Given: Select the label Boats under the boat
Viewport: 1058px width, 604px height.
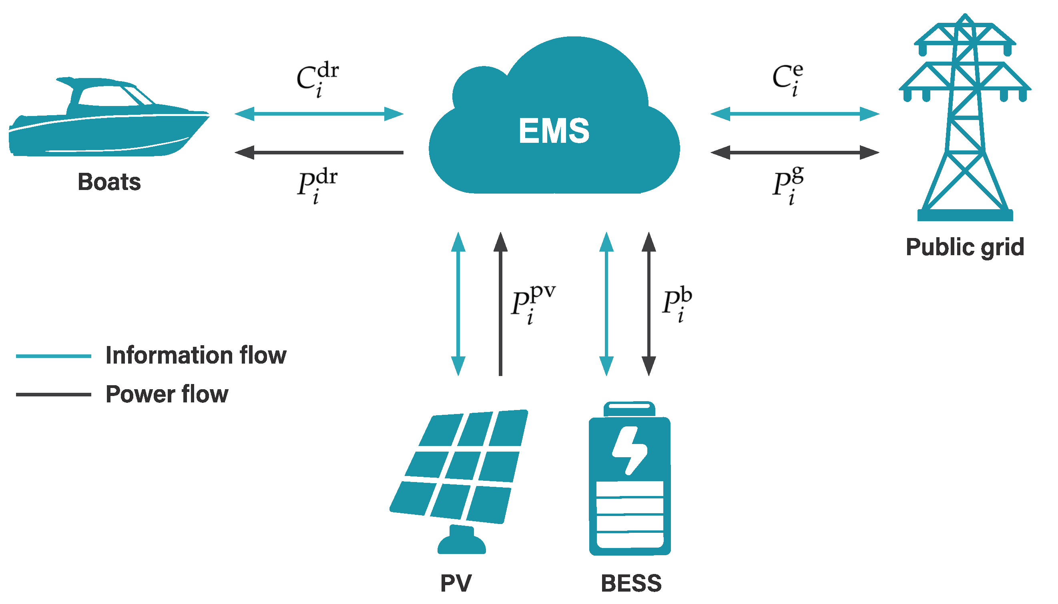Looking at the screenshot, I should click(109, 182).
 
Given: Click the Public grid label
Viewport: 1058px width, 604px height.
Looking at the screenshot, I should click(964, 247).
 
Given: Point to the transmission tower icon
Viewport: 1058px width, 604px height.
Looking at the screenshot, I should click(964, 120).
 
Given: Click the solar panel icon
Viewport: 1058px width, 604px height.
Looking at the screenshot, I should click(459, 469).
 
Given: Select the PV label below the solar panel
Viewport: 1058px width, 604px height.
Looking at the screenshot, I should click(455, 583).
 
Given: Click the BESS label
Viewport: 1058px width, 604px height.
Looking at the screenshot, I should click(630, 583).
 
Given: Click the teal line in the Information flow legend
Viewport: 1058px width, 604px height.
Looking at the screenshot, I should click(53, 356).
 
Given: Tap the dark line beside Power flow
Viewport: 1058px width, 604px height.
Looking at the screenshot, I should click(53, 394).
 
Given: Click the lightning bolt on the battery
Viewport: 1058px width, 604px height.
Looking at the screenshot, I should click(629, 450).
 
